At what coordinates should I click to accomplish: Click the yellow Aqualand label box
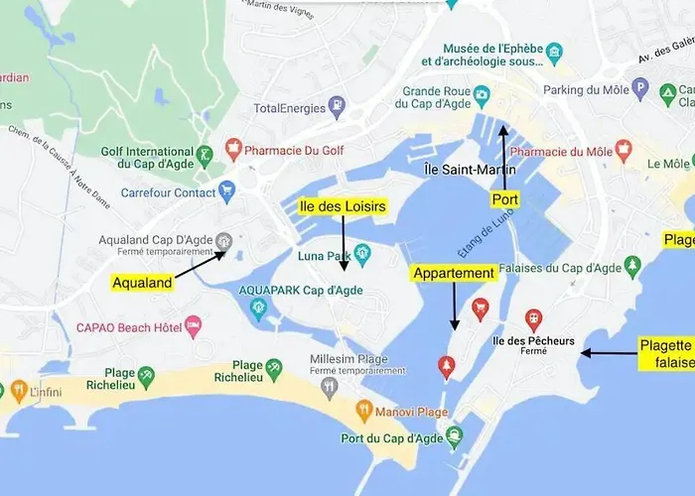coord(142,283)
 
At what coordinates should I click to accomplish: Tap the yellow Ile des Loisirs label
coord(342,206)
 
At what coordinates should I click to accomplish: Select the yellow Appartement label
coord(454,273)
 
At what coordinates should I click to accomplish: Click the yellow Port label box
coord(505,199)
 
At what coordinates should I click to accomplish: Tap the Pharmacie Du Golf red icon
coord(234,150)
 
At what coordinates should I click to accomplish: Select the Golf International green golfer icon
coord(204,155)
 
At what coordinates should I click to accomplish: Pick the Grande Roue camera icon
coord(482,95)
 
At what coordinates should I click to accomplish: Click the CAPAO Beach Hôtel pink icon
coord(194,324)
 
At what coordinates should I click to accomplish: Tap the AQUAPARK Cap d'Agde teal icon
coord(259,310)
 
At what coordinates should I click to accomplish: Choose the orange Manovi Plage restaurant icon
coord(364,410)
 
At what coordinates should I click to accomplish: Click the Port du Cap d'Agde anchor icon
coord(454,435)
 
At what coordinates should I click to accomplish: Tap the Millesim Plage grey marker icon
coord(330,387)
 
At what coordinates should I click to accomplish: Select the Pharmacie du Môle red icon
coord(624,151)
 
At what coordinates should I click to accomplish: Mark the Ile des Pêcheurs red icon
coord(534,319)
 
